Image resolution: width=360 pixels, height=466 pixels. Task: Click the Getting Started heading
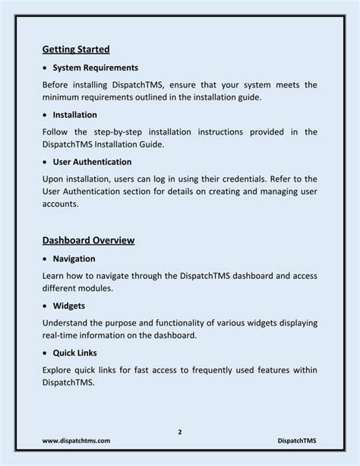click(76, 49)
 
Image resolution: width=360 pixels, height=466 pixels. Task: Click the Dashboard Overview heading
click(88, 240)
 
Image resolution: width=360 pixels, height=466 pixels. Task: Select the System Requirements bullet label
click(94, 68)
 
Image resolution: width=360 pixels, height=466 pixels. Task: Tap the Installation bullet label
click(74, 115)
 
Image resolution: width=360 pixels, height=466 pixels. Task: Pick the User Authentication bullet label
click(92, 162)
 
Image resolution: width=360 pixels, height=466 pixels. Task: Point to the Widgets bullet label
click(69, 306)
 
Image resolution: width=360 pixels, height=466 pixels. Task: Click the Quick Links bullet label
click(76, 353)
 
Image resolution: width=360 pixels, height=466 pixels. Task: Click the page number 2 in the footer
click(180, 433)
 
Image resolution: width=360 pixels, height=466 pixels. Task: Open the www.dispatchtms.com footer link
click(76, 441)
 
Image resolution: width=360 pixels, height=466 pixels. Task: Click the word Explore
click(59, 369)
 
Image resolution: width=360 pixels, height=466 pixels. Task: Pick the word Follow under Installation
click(57, 132)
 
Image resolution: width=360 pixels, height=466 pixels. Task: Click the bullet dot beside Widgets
click(46, 306)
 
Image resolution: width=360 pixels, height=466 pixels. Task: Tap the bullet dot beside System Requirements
click(46, 68)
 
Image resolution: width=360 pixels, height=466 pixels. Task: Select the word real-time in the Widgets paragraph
click(62, 336)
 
